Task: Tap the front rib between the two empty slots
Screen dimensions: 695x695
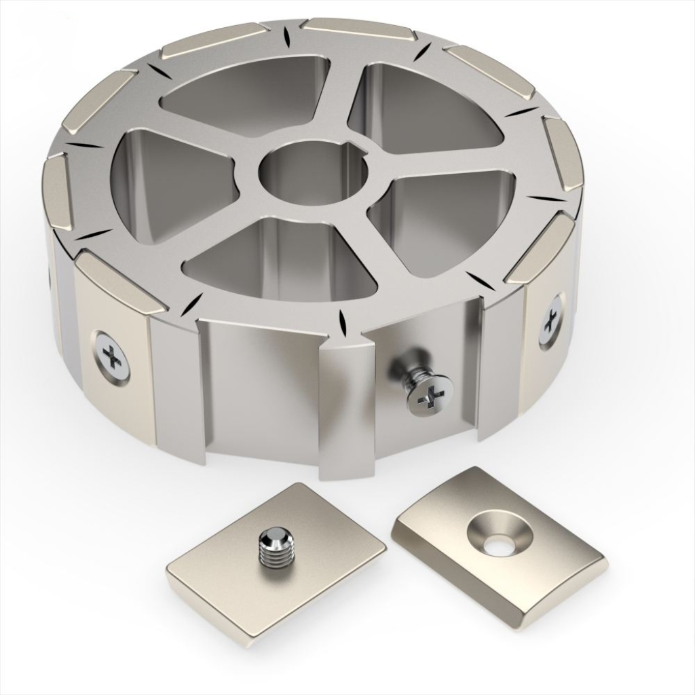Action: click(x=346, y=407)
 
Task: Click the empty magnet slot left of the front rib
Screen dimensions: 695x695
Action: click(x=261, y=387)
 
